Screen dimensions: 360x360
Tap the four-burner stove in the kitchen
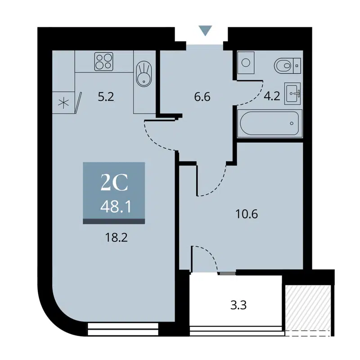coord(103,62)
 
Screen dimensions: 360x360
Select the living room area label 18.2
coord(114,237)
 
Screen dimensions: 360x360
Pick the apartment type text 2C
coord(114,184)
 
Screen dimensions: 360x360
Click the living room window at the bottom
coord(124,329)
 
